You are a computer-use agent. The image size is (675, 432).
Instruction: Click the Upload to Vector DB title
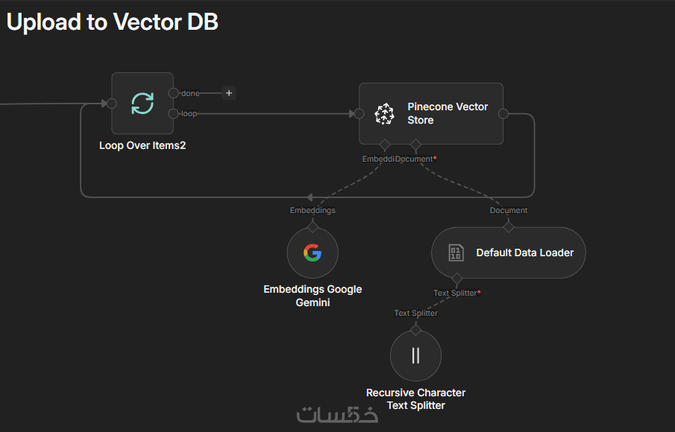coord(112,22)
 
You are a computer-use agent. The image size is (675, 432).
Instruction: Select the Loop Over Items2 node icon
coord(142,104)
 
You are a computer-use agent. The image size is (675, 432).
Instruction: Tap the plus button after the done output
coord(229,93)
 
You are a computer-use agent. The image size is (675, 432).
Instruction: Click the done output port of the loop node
coord(174,93)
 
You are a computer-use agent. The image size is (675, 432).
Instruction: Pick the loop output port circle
coord(174,113)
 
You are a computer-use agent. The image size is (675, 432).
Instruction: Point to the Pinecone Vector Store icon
coord(384,113)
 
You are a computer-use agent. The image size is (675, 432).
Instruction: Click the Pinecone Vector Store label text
coord(448,113)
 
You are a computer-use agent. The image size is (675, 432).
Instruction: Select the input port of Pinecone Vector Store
coord(359,113)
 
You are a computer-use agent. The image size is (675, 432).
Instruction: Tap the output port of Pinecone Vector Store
coord(503,113)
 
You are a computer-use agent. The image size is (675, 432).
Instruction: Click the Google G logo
coord(313,252)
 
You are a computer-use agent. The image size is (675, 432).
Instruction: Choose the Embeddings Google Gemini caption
coord(313,296)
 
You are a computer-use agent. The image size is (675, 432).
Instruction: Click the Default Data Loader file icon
coord(456,252)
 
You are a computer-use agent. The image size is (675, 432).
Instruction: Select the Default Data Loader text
coord(524,252)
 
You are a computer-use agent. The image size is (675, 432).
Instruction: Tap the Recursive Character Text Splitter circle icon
coord(415,355)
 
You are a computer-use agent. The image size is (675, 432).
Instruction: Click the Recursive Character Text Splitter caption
coord(415,398)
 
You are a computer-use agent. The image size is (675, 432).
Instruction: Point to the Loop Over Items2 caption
coord(142,145)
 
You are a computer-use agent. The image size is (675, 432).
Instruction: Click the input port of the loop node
coord(111,104)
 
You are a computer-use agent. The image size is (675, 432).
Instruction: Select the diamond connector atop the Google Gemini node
coord(313,225)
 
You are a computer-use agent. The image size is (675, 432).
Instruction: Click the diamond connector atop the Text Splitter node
coord(415,328)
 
